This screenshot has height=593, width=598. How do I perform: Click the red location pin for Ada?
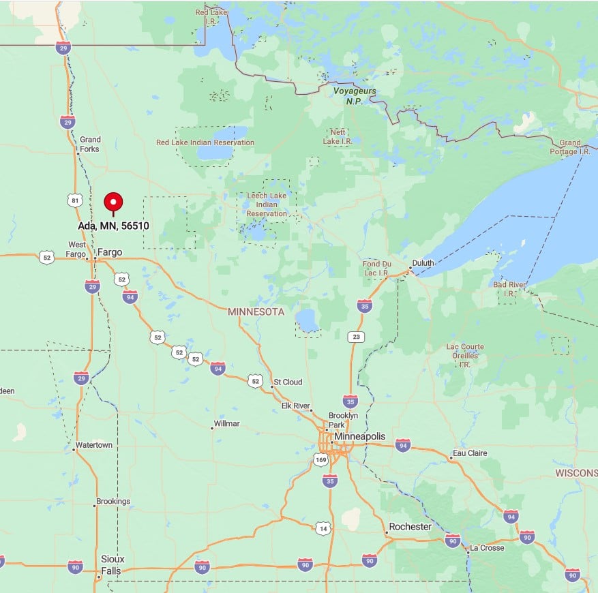113,202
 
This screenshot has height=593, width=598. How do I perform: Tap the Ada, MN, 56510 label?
113,226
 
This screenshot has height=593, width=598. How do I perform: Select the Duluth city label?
423,262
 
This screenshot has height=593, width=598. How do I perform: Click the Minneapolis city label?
359,436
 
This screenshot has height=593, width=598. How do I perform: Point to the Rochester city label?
409,527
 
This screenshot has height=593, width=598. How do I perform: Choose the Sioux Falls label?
113,564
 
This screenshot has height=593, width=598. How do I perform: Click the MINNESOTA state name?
256,311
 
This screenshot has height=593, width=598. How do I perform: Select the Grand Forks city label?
89,144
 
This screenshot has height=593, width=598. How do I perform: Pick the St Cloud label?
288,382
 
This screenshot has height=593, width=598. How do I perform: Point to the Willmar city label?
226,423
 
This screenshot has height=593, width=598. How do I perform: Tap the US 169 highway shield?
321,460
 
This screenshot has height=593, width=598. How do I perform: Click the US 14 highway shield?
323,528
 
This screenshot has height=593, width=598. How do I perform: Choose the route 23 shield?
355,337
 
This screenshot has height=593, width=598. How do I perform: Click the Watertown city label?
94,445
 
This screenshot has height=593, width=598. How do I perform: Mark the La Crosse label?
487,548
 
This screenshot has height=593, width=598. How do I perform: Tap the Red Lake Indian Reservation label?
205,142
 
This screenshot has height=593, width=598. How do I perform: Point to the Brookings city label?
113,502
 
